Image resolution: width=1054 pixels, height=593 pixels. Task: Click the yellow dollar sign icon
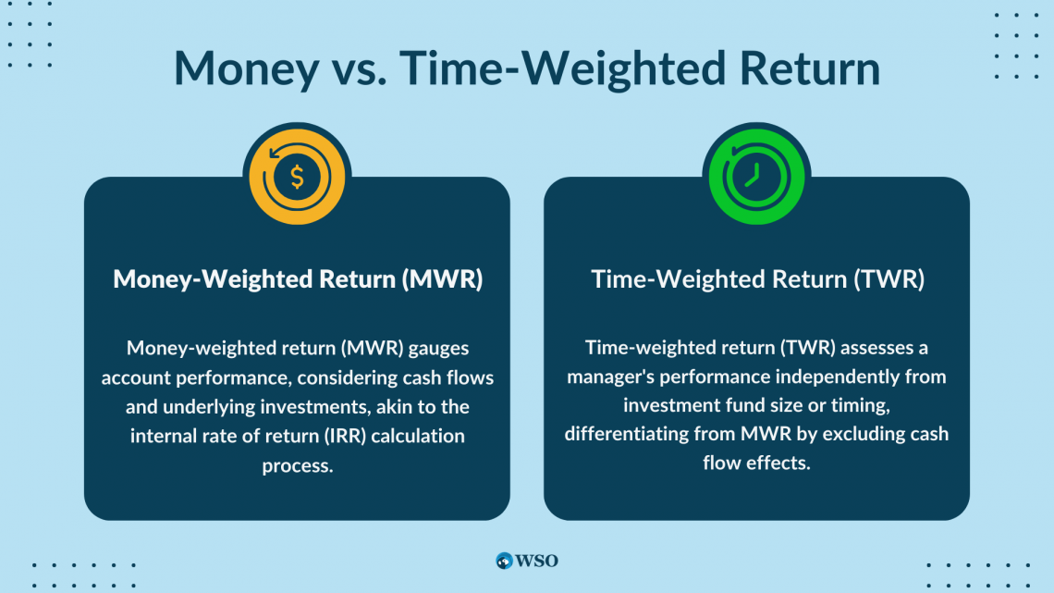(x=297, y=176)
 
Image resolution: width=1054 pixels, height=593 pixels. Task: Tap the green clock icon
(x=756, y=176)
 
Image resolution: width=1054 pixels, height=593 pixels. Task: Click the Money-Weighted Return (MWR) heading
(x=297, y=279)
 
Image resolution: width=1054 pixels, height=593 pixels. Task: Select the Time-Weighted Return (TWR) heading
(x=756, y=279)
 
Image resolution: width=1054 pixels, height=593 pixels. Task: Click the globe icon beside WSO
(x=505, y=560)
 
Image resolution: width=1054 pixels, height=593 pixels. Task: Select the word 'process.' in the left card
(x=297, y=464)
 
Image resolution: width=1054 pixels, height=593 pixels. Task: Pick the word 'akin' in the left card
(x=390, y=406)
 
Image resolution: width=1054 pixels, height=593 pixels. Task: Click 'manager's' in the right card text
(x=611, y=377)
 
